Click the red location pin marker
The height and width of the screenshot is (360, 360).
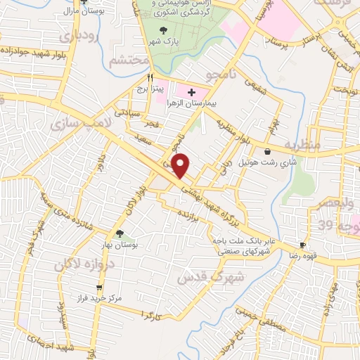(181, 165)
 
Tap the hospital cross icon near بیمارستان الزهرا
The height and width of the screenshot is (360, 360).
(191, 92)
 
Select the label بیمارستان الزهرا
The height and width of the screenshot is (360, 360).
(186, 103)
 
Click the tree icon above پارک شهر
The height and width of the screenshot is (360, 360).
(164, 30)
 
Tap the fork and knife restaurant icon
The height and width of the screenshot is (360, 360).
(149, 77)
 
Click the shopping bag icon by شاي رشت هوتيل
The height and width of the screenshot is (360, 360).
(267, 151)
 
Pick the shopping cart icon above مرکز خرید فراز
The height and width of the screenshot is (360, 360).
(101, 288)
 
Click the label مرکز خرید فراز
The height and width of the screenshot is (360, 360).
(101, 298)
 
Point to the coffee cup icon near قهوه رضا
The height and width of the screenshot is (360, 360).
(302, 245)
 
